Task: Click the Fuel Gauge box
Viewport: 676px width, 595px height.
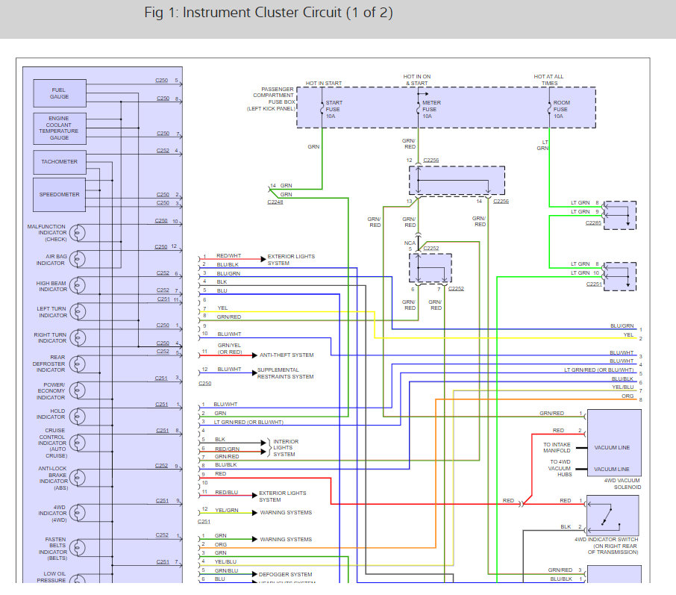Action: [59, 93]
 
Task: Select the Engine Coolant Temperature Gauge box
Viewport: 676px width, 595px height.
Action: [59, 128]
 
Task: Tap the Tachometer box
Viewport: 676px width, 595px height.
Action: [59, 161]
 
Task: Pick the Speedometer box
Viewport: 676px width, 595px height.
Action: [59, 195]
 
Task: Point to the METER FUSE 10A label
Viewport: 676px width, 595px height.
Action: [431, 110]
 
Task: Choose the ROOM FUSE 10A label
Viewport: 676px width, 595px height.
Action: [562, 110]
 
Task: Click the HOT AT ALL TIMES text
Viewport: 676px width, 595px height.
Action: [548, 80]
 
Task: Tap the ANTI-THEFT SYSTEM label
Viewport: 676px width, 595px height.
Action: [287, 355]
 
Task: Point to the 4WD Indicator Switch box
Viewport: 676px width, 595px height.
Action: [613, 514]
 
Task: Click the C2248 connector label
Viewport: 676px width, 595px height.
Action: [275, 202]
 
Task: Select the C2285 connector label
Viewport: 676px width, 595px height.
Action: [593, 222]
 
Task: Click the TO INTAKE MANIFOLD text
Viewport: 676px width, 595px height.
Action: [557, 448]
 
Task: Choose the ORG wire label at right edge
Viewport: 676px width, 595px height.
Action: [628, 396]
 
